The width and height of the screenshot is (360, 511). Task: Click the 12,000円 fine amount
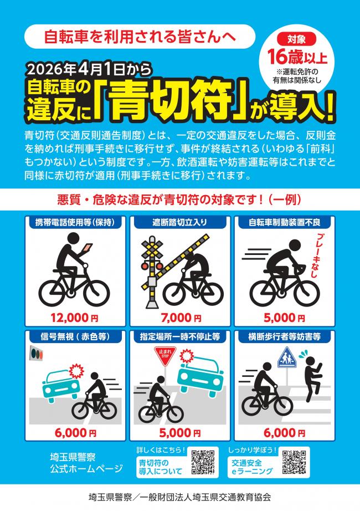74,318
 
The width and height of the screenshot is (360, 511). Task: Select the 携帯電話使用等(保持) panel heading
74,222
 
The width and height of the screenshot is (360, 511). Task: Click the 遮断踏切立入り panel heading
180,222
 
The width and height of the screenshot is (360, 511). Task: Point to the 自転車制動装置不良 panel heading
285,222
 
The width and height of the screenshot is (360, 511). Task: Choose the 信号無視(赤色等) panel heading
74,336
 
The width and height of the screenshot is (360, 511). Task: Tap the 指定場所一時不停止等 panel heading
180,336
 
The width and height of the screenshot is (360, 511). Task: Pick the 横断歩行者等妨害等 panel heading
285,336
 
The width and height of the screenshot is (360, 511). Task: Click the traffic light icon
37,352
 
